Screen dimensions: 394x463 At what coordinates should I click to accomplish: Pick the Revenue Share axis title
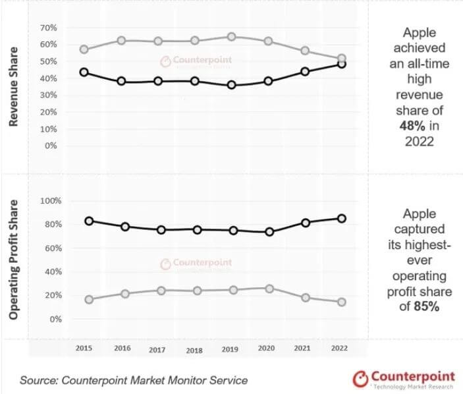(14, 89)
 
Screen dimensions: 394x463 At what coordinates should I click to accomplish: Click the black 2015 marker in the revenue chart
(84, 72)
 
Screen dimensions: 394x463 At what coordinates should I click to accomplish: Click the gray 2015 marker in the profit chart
(89, 299)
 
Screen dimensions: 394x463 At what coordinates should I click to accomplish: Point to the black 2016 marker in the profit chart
(126, 227)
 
